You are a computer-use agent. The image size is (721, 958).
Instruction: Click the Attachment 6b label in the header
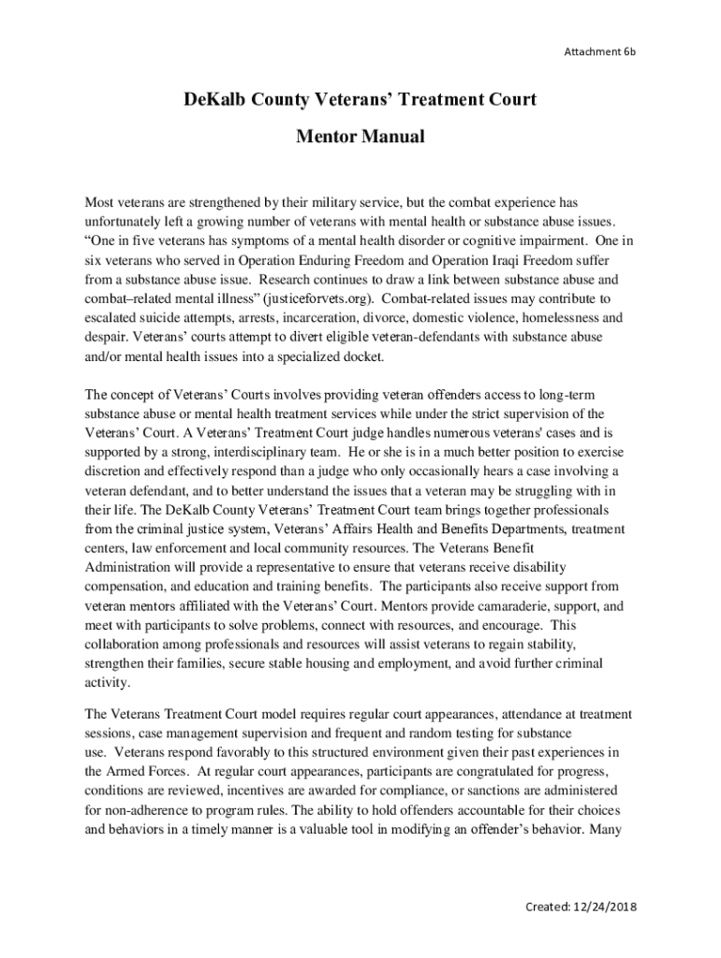point(599,51)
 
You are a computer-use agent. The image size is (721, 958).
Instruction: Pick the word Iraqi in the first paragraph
point(481,260)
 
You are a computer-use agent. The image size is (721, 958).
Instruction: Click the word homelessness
point(548,318)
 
